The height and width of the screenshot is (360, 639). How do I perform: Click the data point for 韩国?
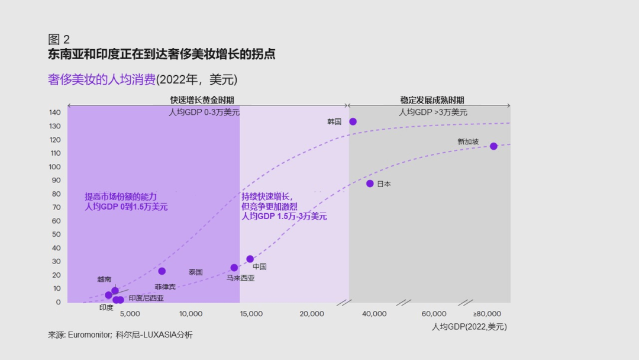[353, 121]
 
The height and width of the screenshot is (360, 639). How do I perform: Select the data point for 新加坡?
[493, 146]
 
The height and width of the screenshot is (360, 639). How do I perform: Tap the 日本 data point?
[370, 184]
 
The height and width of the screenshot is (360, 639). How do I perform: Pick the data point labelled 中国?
[250, 259]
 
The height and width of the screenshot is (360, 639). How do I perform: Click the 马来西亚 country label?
[240, 278]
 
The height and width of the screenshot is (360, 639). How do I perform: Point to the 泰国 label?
[196, 272]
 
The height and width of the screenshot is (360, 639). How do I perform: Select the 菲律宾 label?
[165, 287]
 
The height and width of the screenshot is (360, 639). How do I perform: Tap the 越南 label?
[104, 279]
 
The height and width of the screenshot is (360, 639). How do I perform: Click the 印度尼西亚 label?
[146, 298]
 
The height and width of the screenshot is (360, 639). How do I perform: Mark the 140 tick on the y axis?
[54, 112]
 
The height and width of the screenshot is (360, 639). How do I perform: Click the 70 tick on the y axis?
[56, 207]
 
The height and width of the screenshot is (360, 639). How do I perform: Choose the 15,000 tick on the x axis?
[251, 314]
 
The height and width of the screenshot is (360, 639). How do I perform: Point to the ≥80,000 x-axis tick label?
[487, 314]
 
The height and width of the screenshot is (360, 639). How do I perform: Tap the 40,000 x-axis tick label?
[374, 314]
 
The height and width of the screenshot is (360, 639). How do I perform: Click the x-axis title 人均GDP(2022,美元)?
[469, 326]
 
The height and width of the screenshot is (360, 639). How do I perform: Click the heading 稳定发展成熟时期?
[432, 100]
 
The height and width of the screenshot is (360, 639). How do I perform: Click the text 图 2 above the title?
[59, 40]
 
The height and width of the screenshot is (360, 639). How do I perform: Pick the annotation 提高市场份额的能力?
[121, 197]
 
